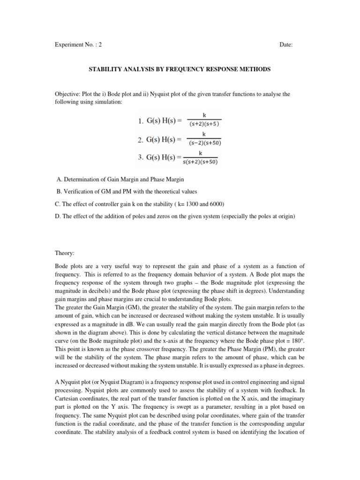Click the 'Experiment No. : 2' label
click(x=78, y=45)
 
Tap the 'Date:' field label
click(x=286, y=45)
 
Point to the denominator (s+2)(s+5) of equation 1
click(x=204, y=124)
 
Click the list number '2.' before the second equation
click(x=141, y=139)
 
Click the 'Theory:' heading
click(x=65, y=253)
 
